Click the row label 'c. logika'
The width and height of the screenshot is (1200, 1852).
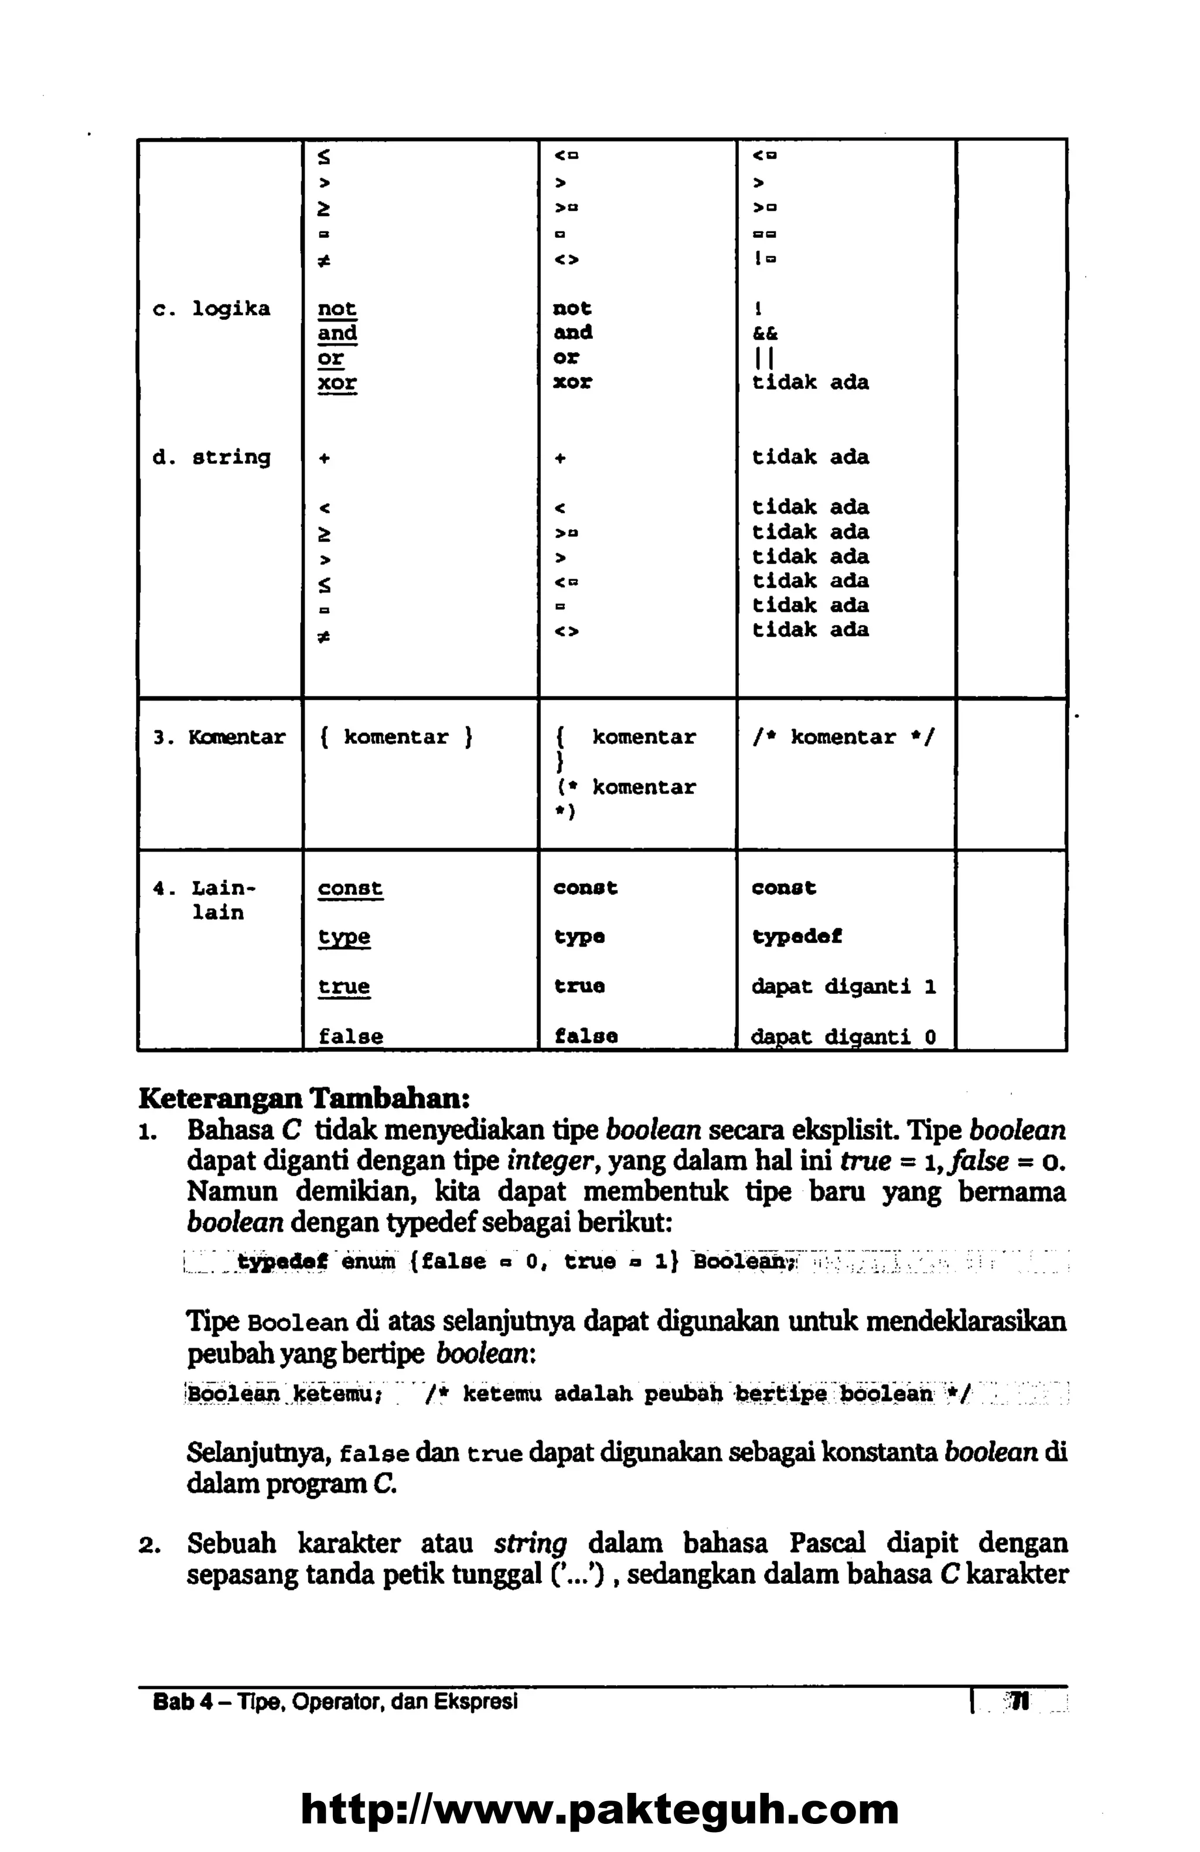pos(211,309)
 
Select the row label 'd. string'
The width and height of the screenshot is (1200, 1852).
pos(211,457)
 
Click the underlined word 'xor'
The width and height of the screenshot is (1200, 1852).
pos(337,382)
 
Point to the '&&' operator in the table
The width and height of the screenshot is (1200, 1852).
pos(764,333)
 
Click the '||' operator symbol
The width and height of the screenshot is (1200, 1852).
pos(762,358)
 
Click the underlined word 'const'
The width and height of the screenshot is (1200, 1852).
pos(350,888)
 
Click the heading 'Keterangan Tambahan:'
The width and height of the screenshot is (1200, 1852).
pos(304,1098)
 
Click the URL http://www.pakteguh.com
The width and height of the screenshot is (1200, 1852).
pos(599,1809)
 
